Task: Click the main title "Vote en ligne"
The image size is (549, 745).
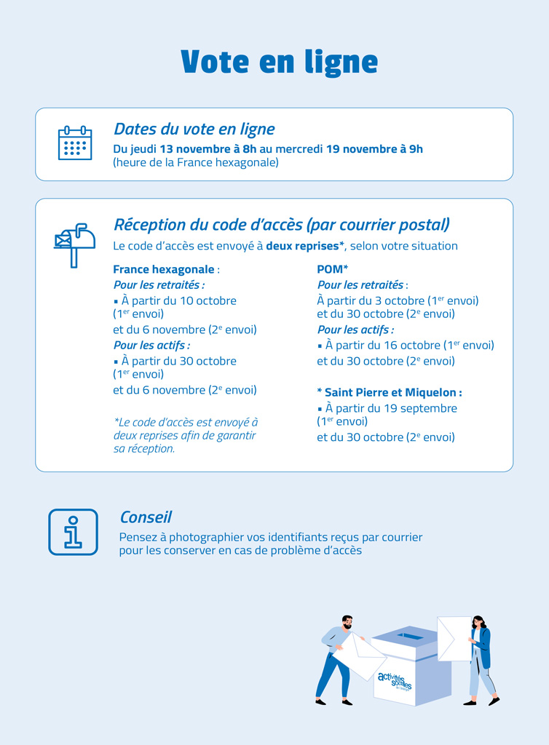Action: click(279, 63)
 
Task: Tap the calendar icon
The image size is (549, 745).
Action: click(75, 143)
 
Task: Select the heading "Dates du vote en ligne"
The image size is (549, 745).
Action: click(194, 130)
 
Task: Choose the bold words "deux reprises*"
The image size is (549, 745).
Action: click(305, 246)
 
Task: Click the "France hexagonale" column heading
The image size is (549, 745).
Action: click(164, 269)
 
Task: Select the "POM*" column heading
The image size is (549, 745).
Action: click(333, 269)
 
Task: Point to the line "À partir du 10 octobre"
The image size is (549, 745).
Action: click(178, 300)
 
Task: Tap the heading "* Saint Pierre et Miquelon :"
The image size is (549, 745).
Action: click(390, 392)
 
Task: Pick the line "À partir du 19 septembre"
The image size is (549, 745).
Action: click(391, 408)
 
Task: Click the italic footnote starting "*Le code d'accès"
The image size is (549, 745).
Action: click(186, 435)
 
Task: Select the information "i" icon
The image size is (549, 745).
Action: click(73, 532)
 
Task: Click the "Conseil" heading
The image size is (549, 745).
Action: click(146, 517)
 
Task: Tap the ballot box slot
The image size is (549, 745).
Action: click(412, 637)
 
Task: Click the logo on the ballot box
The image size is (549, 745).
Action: click(395, 682)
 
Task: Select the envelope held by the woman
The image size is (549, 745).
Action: click(454, 638)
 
